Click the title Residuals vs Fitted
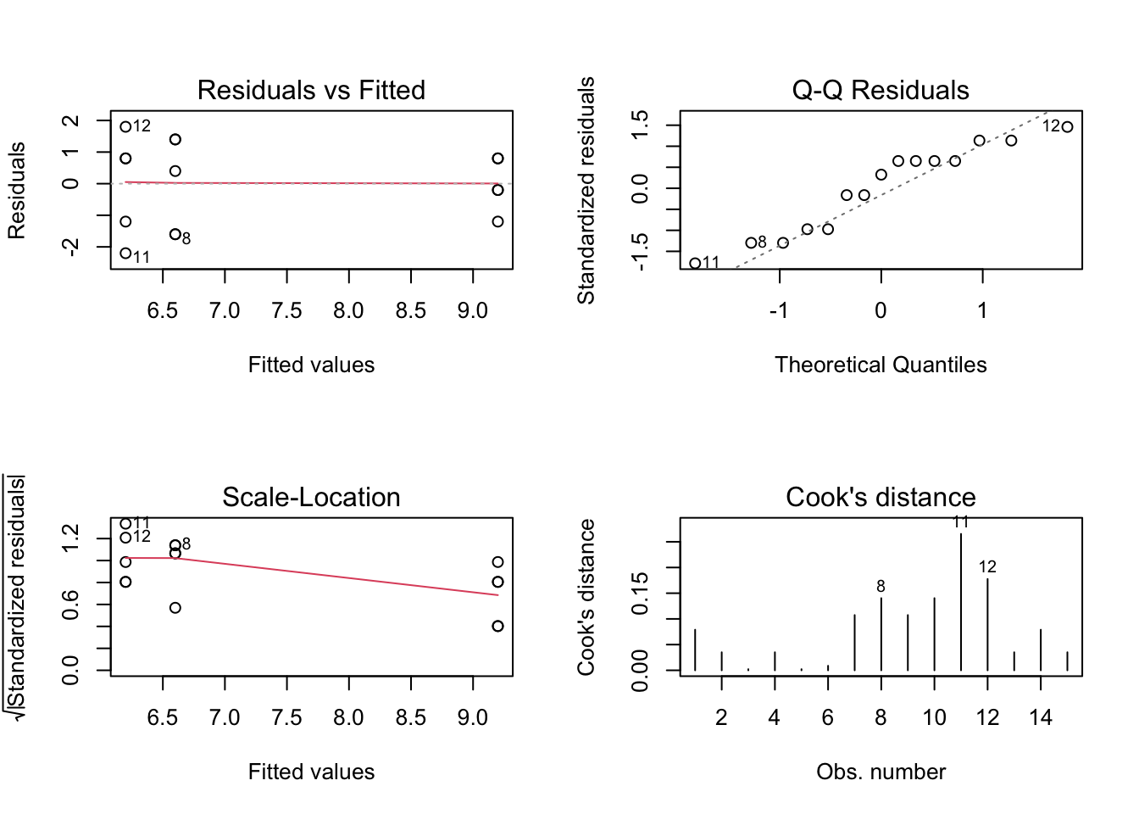pyautogui.click(x=311, y=90)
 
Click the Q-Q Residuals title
pyautogui.click(x=881, y=90)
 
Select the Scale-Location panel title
pyautogui.click(x=311, y=497)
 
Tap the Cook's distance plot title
pyautogui.click(x=881, y=497)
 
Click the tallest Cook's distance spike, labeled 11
pyautogui.click(x=961, y=602)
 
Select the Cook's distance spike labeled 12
pyautogui.click(x=987, y=624)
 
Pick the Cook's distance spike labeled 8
pyautogui.click(x=881, y=634)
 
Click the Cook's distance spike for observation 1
pyautogui.click(x=695, y=650)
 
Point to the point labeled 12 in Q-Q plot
pyautogui.click(x=1067, y=127)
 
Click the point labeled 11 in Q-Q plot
pyautogui.click(x=695, y=264)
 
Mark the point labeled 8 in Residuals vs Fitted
pyautogui.click(x=175, y=234)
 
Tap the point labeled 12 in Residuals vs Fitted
pyautogui.click(x=125, y=127)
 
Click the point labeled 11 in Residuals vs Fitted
pyautogui.click(x=125, y=253)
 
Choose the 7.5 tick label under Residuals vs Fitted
pyautogui.click(x=286, y=311)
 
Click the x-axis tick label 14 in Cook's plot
pyautogui.click(x=1041, y=718)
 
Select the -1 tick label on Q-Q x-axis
pyautogui.click(x=779, y=311)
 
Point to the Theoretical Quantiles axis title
pyautogui.click(x=881, y=365)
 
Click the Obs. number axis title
pyautogui.click(x=881, y=772)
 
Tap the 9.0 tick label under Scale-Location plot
pyautogui.click(x=473, y=718)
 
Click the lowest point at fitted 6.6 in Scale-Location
pyautogui.click(x=175, y=608)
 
